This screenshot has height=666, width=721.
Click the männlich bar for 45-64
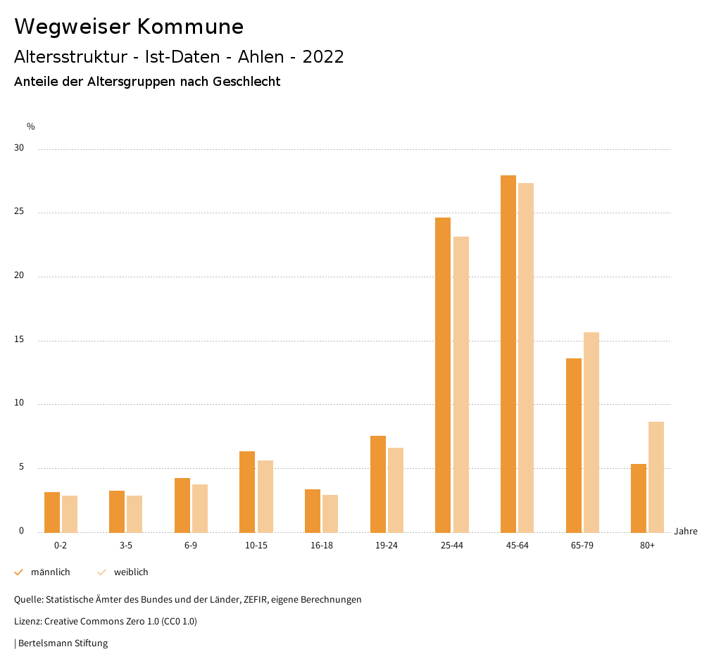point(508,353)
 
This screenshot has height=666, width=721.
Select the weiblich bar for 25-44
point(461,384)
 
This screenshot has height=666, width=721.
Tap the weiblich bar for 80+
point(656,477)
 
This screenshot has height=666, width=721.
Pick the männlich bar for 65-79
point(574,445)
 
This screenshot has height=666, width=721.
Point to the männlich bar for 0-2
point(52,512)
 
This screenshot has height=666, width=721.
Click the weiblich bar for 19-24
point(396,490)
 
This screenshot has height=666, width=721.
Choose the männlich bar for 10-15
point(247,491)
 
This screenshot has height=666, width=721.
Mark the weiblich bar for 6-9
point(200,508)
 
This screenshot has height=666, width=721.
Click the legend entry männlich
point(50,572)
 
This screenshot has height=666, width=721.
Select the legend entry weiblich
point(131,572)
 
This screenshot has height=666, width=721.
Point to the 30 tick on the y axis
point(19,149)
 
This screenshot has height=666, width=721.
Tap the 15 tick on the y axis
point(19,341)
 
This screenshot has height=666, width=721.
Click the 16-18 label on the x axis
point(321,546)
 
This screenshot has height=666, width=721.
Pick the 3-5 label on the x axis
point(126,546)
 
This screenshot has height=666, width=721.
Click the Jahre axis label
point(685,532)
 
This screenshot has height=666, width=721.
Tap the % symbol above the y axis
point(30,127)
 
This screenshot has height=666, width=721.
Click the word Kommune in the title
point(190,27)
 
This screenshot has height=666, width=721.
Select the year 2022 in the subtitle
point(323,57)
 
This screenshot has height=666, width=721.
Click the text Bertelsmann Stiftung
point(63,643)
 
